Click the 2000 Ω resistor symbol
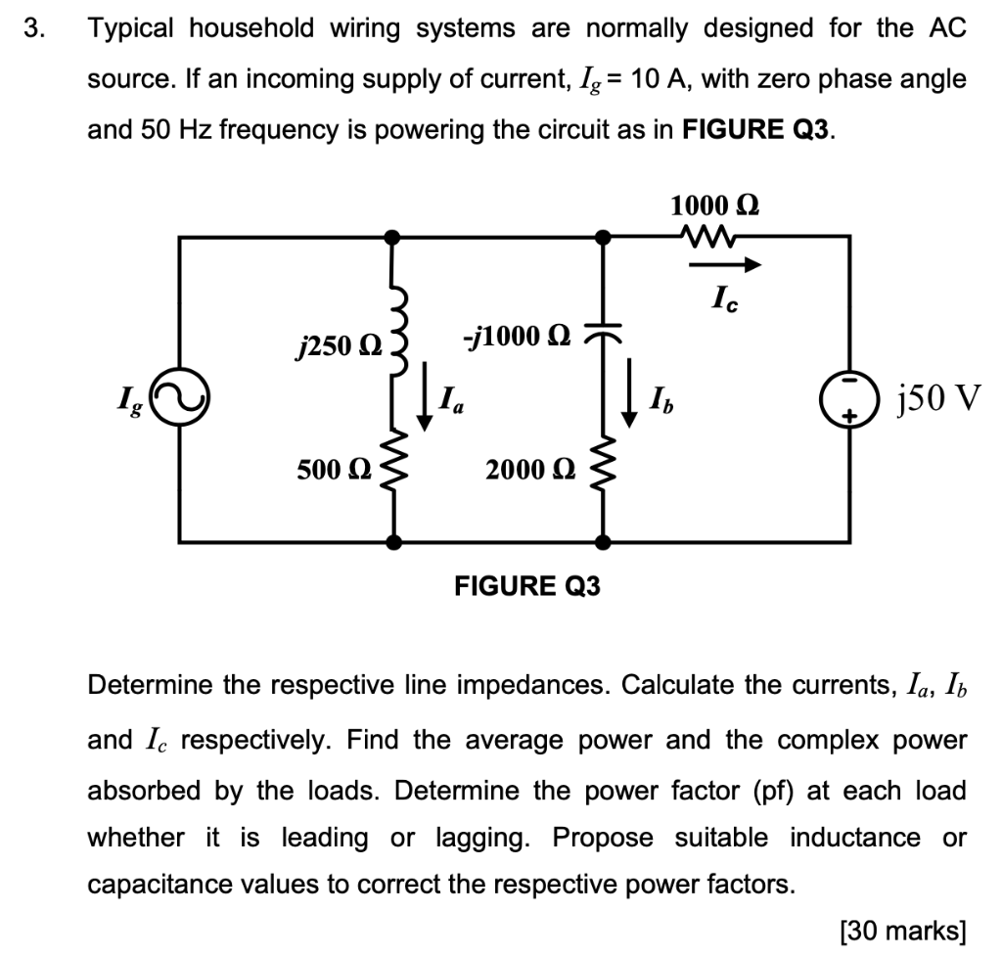click(605, 470)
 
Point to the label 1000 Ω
click(714, 205)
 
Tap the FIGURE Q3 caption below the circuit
click(528, 586)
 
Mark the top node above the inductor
click(393, 236)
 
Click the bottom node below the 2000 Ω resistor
click(605, 541)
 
